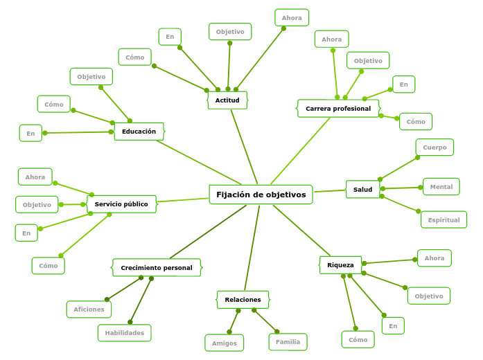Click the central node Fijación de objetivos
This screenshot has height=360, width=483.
pos(261,195)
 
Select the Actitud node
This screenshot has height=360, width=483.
pos(227,100)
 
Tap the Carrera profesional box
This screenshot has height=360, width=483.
pos(338,109)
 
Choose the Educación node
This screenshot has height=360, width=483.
pos(139,132)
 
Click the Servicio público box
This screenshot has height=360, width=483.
pos(121,204)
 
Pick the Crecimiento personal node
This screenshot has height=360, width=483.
pos(157,268)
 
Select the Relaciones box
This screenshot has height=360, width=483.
pos(243,300)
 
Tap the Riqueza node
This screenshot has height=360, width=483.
pos(340,265)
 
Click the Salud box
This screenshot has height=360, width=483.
pos(362,190)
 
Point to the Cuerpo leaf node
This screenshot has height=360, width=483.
pos(434,147)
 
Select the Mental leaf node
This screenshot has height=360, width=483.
pos(441,187)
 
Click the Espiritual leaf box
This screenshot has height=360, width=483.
pos(444,220)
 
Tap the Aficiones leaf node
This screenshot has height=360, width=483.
pos(89,309)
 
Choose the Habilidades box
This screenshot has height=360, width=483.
pos(125,333)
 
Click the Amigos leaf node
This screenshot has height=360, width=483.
pos(224,343)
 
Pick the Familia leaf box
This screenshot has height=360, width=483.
pos(288,342)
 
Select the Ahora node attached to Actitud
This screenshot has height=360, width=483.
pos(292,17)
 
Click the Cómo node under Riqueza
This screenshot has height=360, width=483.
pos(358,340)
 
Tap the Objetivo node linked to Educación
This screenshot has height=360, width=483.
pos(91,77)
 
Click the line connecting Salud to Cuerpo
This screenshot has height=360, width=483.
pos(398,168)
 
